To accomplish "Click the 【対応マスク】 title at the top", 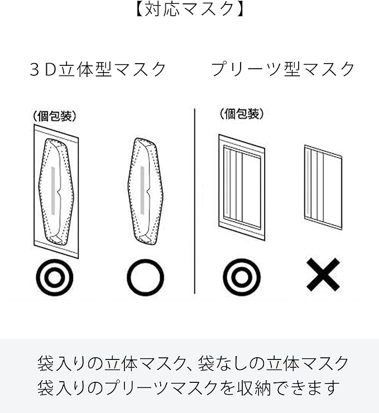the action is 189,9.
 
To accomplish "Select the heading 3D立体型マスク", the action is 98,69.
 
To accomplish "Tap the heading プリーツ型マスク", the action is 283,69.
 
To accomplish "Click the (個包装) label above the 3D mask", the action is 55,116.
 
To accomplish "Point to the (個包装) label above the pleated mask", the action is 242,114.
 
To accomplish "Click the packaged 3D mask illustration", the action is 56,192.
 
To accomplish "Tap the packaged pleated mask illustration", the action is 242,188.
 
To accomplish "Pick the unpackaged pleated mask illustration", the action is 323,188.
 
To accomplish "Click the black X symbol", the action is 323,275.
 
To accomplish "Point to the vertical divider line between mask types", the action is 195,201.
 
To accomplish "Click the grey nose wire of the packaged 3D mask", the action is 53,190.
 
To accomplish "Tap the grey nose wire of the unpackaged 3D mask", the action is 142,190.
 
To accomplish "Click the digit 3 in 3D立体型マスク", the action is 34,70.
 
